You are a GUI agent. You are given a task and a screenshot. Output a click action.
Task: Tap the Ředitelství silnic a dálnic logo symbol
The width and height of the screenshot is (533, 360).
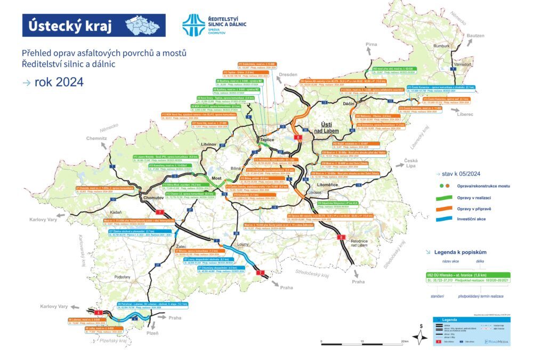(x=193, y=25)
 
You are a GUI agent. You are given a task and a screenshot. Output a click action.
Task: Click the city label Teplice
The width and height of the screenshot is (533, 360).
(x=266, y=140)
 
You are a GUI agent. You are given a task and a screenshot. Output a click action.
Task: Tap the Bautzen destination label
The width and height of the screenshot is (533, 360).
(x=476, y=35)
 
